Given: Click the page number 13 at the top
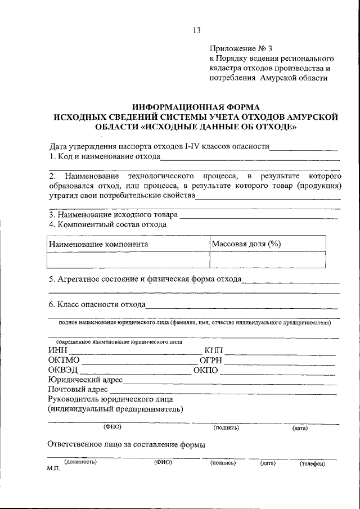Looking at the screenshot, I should click(196, 30).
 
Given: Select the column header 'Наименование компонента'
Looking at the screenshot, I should click(98, 244).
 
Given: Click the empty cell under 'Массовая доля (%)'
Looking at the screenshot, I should click(267, 260).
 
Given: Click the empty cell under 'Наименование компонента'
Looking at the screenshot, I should click(128, 260).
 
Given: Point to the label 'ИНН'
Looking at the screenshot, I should click(57, 351).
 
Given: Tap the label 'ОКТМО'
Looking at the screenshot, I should click(64, 361).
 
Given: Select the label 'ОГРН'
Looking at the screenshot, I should click(211, 361).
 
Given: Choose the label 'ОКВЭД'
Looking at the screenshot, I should click(63, 370).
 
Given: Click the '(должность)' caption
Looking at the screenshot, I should click(80, 462).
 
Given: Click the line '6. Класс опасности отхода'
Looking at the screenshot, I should click(97, 304).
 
